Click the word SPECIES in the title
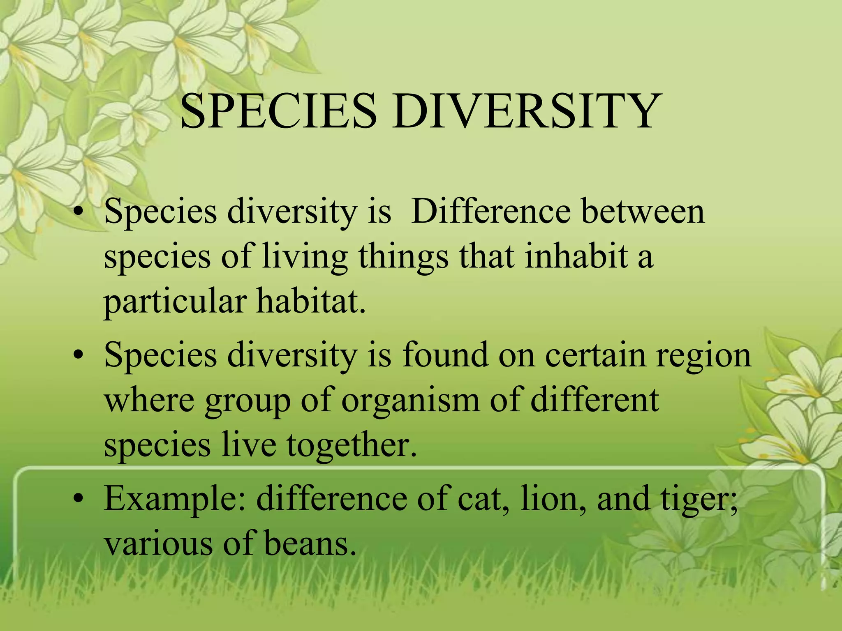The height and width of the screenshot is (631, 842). [278, 112]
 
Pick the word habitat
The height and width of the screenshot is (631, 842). [311, 302]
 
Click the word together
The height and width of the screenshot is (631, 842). [352, 445]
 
